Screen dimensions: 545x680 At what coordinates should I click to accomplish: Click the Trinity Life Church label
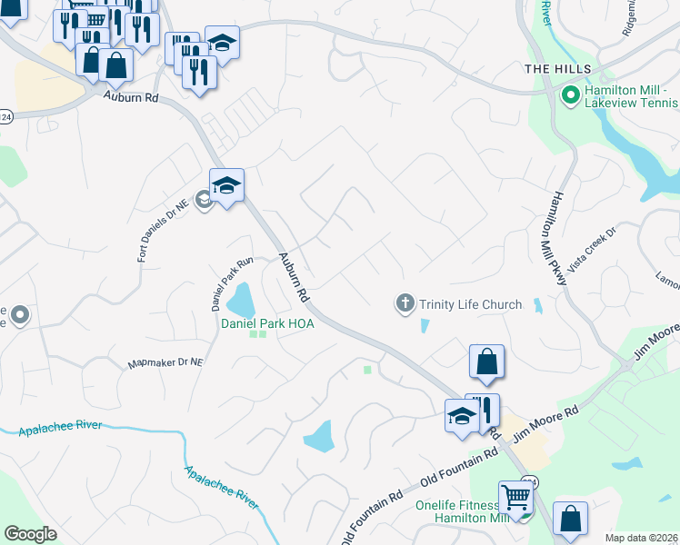[470, 304]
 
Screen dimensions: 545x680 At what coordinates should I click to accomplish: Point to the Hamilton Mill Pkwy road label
[557, 239]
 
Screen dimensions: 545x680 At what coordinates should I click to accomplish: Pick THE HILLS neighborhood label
[557, 70]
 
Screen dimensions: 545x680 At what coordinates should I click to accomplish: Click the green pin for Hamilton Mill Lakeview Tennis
[571, 94]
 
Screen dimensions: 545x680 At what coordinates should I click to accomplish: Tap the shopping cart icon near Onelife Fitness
[515, 496]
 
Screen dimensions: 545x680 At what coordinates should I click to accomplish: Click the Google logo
[30, 533]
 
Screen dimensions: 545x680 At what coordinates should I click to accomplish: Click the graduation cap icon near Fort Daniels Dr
[226, 186]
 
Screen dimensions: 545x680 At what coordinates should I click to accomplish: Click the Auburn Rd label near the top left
[131, 95]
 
